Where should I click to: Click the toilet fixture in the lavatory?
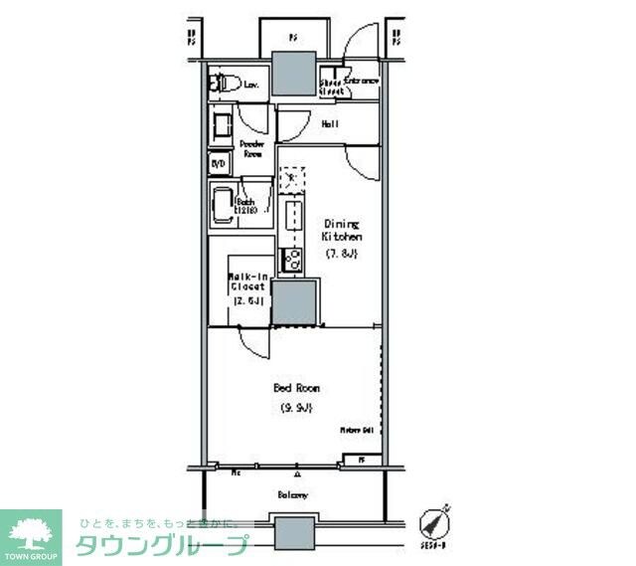222,85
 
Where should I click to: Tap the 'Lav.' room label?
251,86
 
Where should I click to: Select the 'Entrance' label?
362,81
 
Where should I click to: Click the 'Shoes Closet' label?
332,87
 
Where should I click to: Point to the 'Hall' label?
330,124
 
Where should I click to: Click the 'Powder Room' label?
251,149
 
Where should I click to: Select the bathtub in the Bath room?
221,205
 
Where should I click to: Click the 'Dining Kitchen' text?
341,231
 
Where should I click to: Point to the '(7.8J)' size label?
341,255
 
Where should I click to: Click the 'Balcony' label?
292,494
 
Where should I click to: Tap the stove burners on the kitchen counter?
293,261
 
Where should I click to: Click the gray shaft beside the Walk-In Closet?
295,302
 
